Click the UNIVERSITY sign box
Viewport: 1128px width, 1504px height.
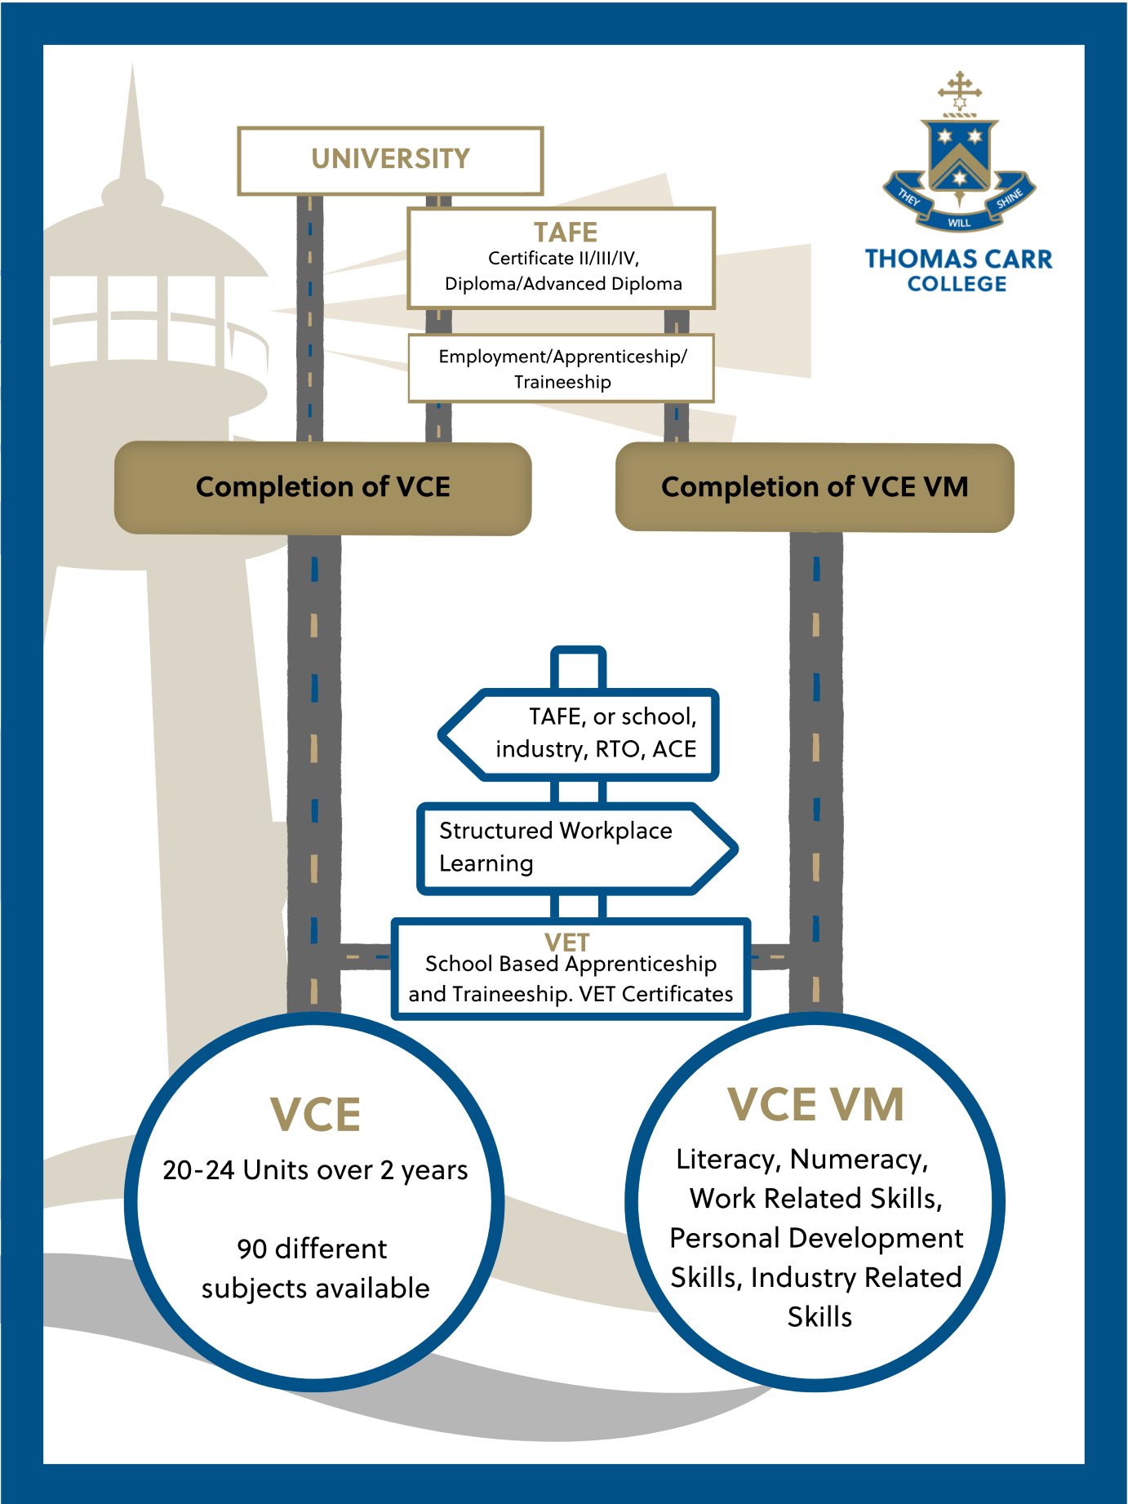pyautogui.click(x=390, y=160)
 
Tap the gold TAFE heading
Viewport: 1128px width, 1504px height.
pyautogui.click(x=565, y=232)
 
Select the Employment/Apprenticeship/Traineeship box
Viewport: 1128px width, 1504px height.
pyautogui.click(x=562, y=369)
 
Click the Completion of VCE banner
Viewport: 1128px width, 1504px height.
pyautogui.click(x=322, y=488)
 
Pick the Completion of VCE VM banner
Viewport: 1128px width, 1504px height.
pyautogui.click(x=814, y=488)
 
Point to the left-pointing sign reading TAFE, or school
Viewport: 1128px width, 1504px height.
pyautogui.click(x=580, y=734)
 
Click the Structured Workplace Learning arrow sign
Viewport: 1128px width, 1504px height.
pyautogui.click(x=571, y=847)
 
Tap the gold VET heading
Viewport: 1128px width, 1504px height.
pyautogui.click(x=566, y=943)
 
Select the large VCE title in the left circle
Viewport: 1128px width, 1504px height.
pyautogui.click(x=315, y=1115)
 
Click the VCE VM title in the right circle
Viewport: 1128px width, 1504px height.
pyautogui.click(x=815, y=1105)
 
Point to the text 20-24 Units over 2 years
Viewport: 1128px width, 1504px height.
pyautogui.click(x=315, y=1170)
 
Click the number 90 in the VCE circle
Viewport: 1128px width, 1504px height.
pyautogui.click(x=252, y=1249)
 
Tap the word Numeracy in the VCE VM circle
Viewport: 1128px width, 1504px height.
pyautogui.click(x=858, y=1160)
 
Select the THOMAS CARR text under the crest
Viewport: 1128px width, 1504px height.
pyautogui.click(x=958, y=260)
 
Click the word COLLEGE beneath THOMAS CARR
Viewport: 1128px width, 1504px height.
pyautogui.click(x=957, y=284)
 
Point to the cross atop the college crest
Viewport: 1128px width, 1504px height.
pyautogui.click(x=960, y=87)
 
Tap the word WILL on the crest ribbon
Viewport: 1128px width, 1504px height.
pyautogui.click(x=959, y=223)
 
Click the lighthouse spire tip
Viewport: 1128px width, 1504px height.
pyautogui.click(x=133, y=70)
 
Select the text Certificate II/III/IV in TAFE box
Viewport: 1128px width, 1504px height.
pyautogui.click(x=563, y=259)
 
